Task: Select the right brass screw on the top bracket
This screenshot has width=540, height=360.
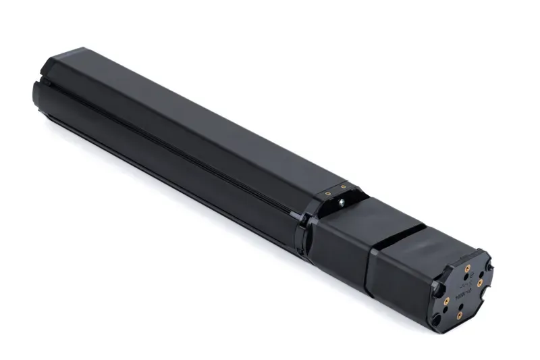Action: click(344, 186)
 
